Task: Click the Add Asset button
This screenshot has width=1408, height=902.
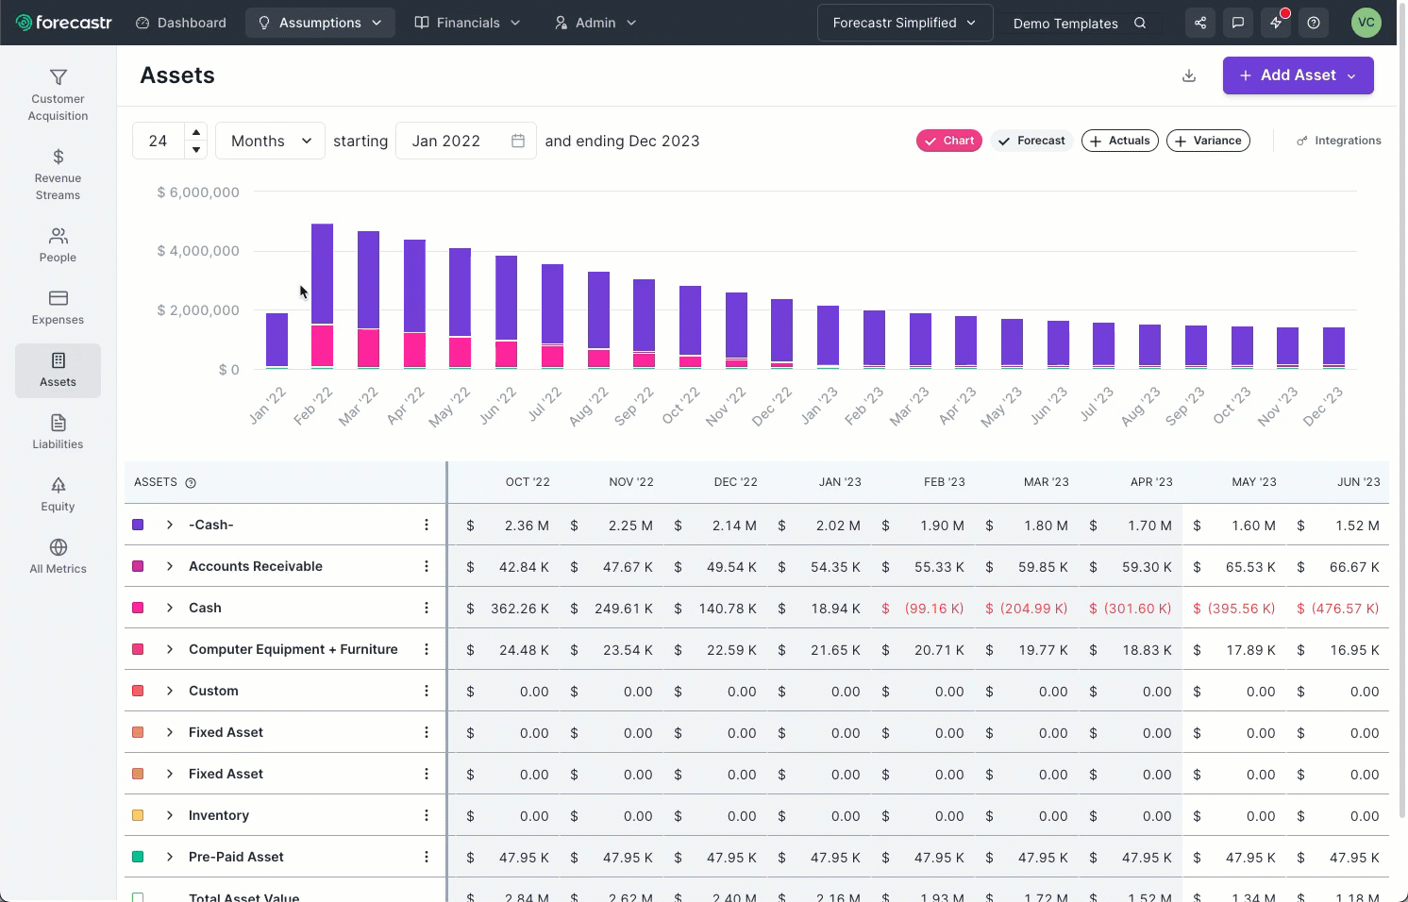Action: coord(1298,75)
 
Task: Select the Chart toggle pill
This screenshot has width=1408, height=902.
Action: coord(949,141)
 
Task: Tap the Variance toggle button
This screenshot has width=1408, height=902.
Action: coord(1208,141)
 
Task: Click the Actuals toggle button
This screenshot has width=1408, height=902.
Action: coord(1120,141)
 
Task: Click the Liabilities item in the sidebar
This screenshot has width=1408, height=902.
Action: coord(58,431)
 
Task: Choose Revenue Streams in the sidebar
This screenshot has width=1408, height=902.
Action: coord(58,175)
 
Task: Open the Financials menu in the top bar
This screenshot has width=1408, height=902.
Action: coord(468,23)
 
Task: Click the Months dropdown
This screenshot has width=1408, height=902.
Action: coord(270,141)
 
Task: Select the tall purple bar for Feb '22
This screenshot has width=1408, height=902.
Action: coord(323,274)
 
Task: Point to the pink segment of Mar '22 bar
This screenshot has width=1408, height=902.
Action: coord(369,347)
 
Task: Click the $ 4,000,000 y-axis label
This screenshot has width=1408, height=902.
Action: coord(198,251)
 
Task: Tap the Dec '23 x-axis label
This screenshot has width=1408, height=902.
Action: coord(1323,406)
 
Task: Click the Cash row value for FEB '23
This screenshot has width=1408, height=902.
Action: coord(934,609)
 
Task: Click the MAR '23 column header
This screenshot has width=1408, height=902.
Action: coord(1046,482)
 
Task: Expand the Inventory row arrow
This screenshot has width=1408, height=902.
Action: coord(170,815)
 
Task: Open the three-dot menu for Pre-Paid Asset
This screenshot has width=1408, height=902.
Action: coord(427,857)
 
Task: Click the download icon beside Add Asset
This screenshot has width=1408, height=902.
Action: coord(1189,75)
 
